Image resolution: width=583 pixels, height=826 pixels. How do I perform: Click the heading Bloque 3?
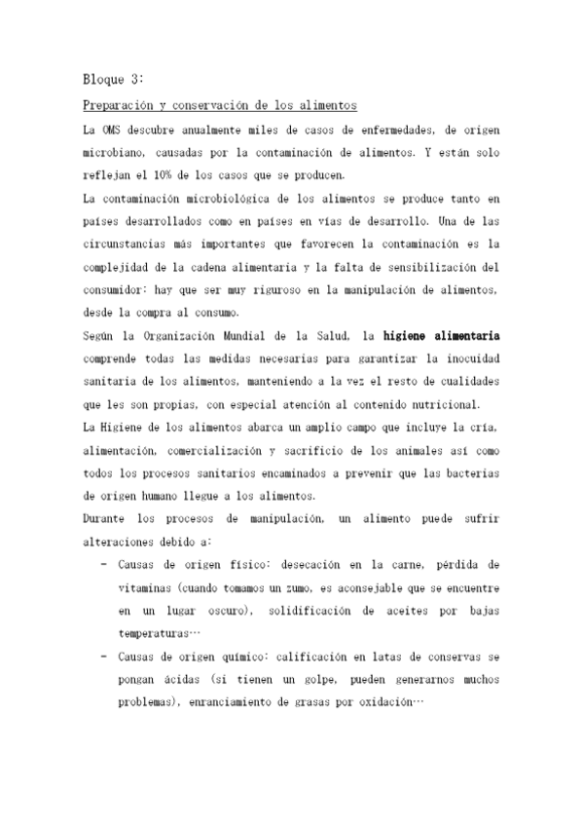pyautogui.click(x=114, y=80)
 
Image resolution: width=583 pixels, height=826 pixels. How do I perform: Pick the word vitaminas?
pyautogui.click(x=146, y=587)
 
